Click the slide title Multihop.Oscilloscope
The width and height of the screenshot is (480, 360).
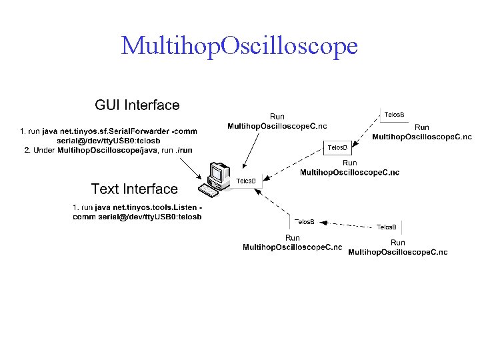tap(239, 46)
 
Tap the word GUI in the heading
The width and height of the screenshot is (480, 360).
tap(108, 105)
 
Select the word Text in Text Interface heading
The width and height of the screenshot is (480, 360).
tap(107, 189)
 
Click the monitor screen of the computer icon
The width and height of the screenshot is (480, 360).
tap(216, 173)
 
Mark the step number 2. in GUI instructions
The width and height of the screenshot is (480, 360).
tap(27, 150)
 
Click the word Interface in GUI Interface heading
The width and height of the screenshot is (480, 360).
tap(153, 105)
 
